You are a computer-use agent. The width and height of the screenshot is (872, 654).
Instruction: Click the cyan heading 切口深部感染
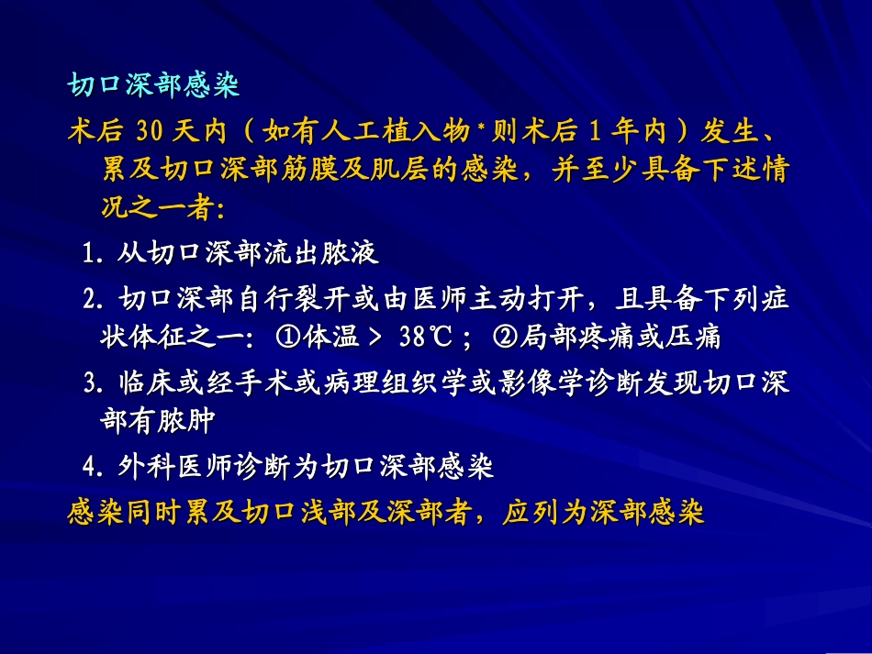click(153, 85)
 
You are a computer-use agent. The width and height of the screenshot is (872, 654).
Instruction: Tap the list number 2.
click(92, 299)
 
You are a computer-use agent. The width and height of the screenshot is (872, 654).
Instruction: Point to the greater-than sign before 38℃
click(374, 338)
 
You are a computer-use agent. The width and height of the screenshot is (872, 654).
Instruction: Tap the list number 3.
click(92, 382)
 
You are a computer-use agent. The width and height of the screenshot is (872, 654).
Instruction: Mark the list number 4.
click(92, 468)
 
